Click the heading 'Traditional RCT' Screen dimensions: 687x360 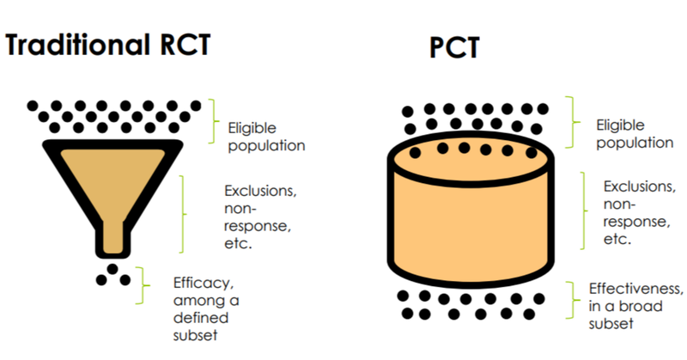click(x=108, y=45)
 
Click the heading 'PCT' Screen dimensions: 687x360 click(x=454, y=47)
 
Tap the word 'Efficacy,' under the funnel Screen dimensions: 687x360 click(x=204, y=283)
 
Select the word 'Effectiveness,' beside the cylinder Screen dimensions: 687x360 click(x=635, y=289)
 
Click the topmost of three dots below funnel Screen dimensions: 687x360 click(x=112, y=269)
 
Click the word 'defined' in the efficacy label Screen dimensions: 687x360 click(x=201, y=317)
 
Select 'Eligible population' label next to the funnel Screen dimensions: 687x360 click(x=266, y=137)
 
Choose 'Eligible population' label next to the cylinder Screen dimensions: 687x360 click(x=635, y=134)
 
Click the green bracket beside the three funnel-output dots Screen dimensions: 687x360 click(x=143, y=285)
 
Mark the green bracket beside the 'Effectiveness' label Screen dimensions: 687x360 click(x=573, y=300)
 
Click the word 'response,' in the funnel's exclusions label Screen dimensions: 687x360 click(x=258, y=226)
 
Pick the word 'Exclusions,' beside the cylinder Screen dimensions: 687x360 click(x=640, y=186)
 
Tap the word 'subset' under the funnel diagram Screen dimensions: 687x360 click(x=196, y=335)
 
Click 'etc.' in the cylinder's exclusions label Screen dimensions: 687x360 click(x=617, y=240)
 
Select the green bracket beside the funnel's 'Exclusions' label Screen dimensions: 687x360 click(x=183, y=214)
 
